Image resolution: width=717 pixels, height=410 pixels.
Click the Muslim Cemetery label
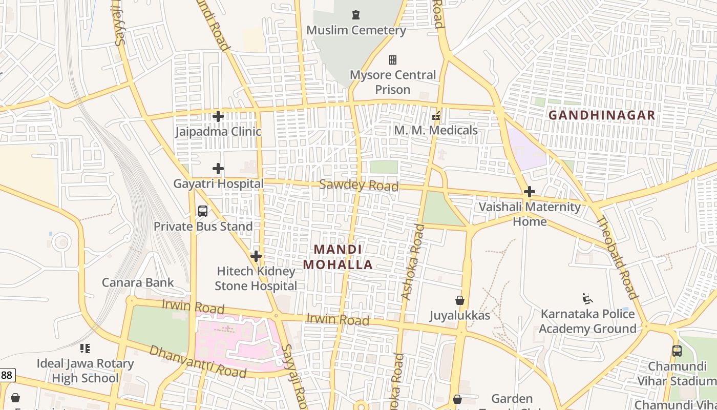click(x=356, y=30)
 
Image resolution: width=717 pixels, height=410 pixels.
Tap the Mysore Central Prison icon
click(x=393, y=60)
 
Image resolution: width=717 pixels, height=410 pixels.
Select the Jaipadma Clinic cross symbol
click(x=218, y=116)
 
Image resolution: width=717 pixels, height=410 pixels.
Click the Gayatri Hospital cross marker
click(x=218, y=168)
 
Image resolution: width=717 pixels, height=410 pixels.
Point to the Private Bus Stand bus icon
click(x=203, y=211)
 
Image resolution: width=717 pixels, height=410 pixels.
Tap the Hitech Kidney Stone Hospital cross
click(x=256, y=256)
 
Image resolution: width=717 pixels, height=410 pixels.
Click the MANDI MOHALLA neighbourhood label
click(x=338, y=257)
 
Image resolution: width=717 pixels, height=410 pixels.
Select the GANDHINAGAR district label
click(x=602, y=115)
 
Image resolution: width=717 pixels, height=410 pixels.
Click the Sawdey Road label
click(x=358, y=185)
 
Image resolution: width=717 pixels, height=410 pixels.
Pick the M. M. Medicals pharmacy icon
click(x=436, y=116)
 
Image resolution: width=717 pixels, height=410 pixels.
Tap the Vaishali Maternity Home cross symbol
click(x=530, y=192)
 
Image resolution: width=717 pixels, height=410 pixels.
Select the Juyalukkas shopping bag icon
click(x=460, y=300)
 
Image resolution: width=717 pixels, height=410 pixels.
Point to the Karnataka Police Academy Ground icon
click(x=587, y=298)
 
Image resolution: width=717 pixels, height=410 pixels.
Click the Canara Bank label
click(x=138, y=282)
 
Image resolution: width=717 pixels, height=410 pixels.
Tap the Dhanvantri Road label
click(x=198, y=361)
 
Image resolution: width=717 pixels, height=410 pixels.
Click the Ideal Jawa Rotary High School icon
click(x=85, y=348)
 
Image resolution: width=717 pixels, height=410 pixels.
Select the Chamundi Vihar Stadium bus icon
click(x=677, y=351)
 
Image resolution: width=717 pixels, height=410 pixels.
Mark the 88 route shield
click(x=6, y=375)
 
